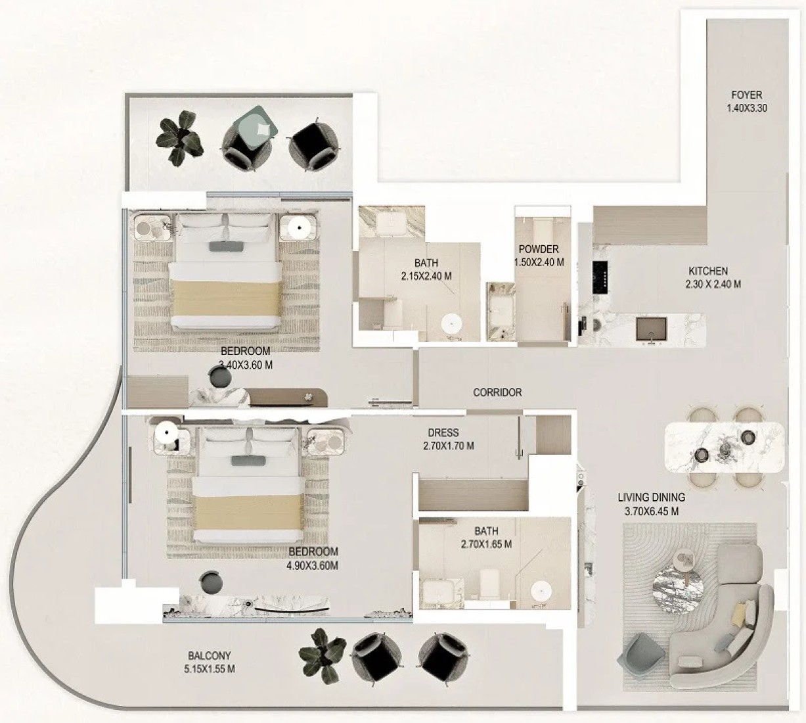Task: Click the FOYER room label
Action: (x=747, y=95)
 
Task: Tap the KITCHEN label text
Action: (x=708, y=271)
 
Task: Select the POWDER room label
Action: (x=539, y=249)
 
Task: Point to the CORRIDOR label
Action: (x=497, y=392)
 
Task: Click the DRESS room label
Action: (x=443, y=432)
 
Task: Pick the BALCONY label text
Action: (x=210, y=655)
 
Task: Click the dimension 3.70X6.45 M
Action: (x=651, y=511)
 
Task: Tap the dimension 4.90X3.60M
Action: (x=312, y=565)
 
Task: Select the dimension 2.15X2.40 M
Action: (x=426, y=276)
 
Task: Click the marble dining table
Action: (x=724, y=448)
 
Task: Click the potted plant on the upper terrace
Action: (x=179, y=137)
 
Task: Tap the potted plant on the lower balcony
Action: (x=323, y=657)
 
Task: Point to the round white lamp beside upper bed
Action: (x=298, y=227)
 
